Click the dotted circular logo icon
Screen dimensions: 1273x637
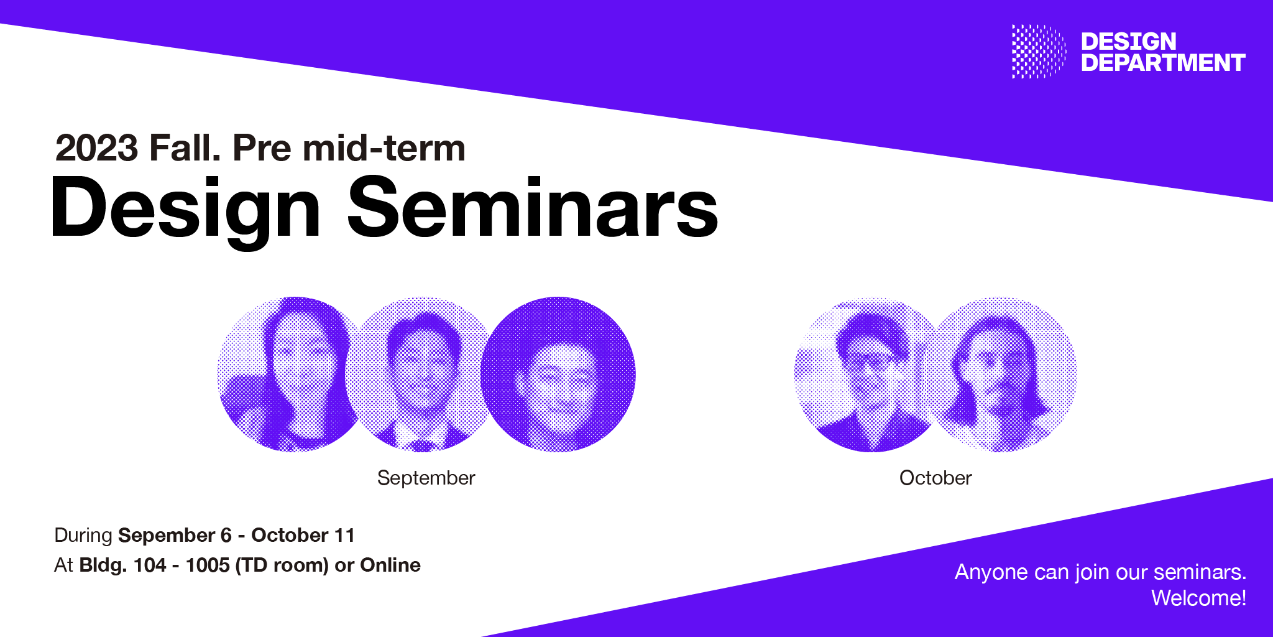point(1039,52)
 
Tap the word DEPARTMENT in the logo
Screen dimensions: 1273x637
point(1163,63)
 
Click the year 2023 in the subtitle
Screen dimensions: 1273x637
point(97,148)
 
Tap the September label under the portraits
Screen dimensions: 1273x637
point(426,478)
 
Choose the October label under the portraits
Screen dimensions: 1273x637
point(935,478)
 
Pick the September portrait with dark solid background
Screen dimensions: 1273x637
point(558,374)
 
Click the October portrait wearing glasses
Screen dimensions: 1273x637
point(870,374)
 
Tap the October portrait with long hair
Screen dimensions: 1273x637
point(1002,374)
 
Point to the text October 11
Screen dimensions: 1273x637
point(303,535)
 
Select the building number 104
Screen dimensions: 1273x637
point(150,565)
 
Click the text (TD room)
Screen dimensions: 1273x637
point(282,565)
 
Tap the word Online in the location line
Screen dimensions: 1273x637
point(390,565)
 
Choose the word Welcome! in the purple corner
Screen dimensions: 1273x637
point(1198,598)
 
